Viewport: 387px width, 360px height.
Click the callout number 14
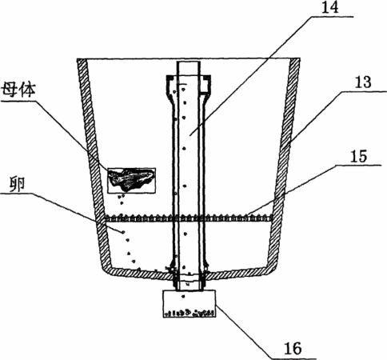(x=330, y=7)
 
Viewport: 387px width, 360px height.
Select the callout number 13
(x=362, y=82)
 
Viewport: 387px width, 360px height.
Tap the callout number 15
(x=358, y=156)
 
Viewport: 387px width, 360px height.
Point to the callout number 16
(x=293, y=348)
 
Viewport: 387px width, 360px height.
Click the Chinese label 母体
(x=18, y=90)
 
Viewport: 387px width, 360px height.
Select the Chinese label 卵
(x=18, y=184)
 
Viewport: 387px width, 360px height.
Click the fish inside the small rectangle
(x=131, y=178)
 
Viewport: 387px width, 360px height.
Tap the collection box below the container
(x=190, y=303)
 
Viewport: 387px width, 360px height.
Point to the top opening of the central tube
(x=189, y=62)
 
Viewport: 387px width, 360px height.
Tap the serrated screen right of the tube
(x=239, y=218)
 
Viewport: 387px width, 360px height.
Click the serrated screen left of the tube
(x=139, y=218)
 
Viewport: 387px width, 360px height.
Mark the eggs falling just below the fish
(x=122, y=199)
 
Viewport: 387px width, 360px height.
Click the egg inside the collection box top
(x=183, y=296)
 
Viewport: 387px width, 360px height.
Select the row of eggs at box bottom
(x=190, y=313)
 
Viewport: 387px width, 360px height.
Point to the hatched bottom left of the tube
(x=138, y=273)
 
